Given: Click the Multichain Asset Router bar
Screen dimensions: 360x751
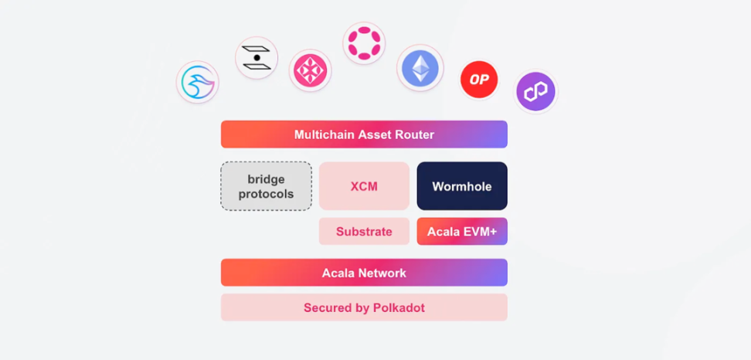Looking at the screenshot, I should (x=364, y=134).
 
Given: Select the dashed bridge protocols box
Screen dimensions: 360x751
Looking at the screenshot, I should (x=266, y=186).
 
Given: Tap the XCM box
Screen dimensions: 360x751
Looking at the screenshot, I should (x=364, y=186).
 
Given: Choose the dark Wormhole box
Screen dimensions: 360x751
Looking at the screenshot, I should (x=462, y=186).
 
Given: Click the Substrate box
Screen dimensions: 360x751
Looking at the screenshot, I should (x=364, y=232).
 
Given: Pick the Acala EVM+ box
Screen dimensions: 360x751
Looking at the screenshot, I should (x=462, y=232).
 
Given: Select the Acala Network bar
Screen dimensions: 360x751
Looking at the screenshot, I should (x=364, y=273).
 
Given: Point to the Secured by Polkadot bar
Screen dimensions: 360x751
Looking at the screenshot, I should (x=364, y=307).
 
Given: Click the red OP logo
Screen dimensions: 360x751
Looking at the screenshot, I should (x=479, y=80).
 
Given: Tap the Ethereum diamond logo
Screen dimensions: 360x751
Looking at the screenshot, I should (x=420, y=68).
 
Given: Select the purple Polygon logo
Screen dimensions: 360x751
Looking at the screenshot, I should (x=536, y=92).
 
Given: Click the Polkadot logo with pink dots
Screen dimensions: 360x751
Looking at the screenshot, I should (x=364, y=42).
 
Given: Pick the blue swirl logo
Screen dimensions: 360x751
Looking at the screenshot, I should (x=198, y=83).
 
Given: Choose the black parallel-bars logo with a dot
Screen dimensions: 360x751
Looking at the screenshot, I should (x=257, y=58).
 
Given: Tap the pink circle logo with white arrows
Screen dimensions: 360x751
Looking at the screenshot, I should (x=311, y=71).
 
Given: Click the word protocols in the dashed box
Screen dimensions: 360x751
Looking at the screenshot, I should (x=266, y=194).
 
